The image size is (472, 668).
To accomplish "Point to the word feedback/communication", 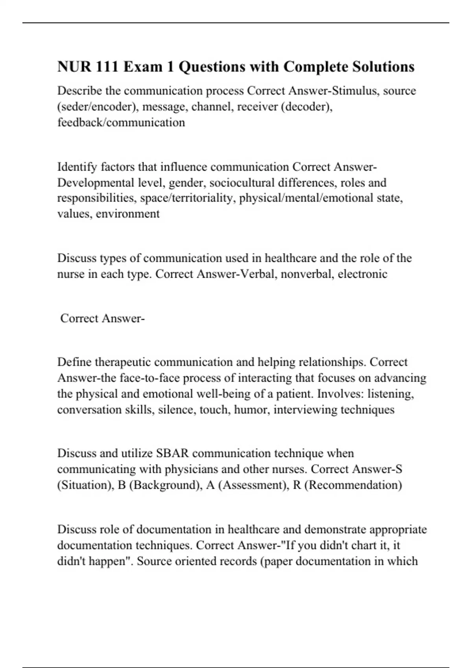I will pos(121,123).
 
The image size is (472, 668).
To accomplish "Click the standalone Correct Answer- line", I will pos(102,318).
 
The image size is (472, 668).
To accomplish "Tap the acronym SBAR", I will pos(172,453).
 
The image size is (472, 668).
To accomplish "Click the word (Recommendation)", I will pos(353,485).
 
